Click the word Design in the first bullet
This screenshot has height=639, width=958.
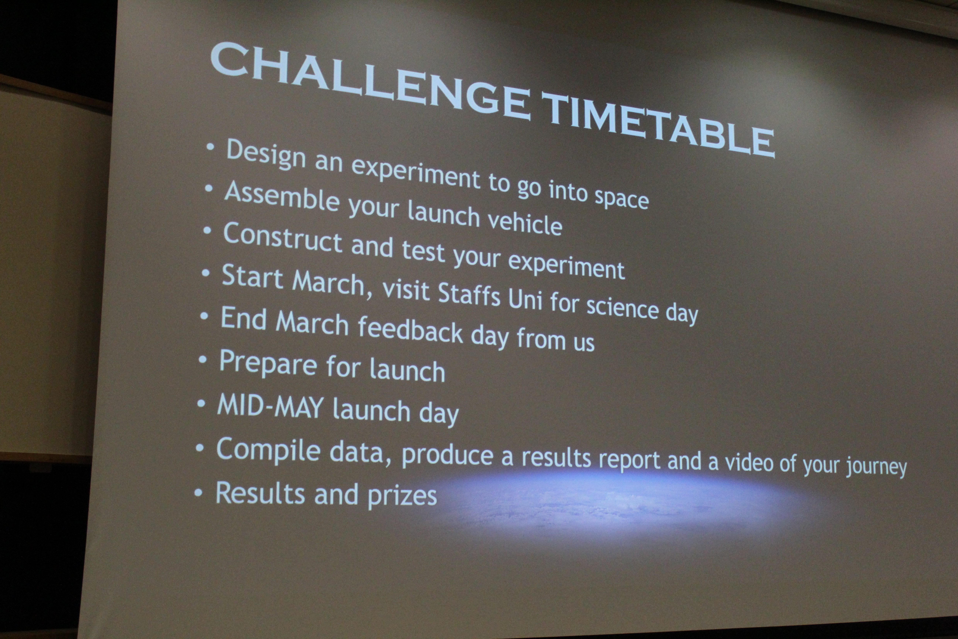[x=266, y=154]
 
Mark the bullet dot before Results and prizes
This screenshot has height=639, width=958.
[x=198, y=492]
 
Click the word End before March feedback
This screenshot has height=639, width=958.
[x=243, y=318]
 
